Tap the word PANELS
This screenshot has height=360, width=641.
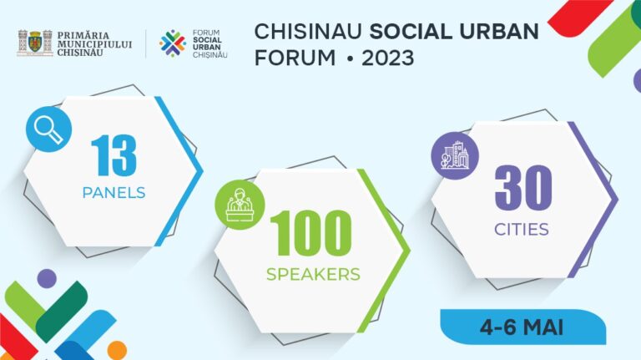(114, 193)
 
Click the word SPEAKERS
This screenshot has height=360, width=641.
(313, 274)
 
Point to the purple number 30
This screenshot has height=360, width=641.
(523, 188)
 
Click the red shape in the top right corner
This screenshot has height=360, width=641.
(579, 10)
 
